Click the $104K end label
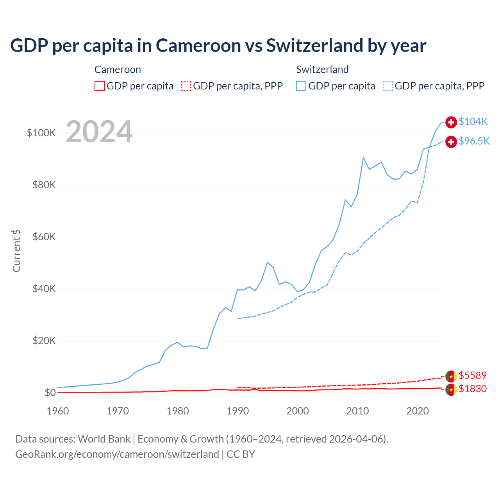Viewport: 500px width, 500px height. [473, 121]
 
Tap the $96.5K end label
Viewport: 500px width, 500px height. [474, 141]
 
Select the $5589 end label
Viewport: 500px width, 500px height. [473, 375]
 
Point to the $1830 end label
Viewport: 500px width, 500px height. [473, 389]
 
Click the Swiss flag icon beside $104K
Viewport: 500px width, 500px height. [451, 122]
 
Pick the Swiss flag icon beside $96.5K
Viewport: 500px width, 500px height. [451, 141]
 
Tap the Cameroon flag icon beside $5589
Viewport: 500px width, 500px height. [451, 376]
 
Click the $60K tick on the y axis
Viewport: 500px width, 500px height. [44, 237]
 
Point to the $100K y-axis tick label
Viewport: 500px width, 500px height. [41, 133]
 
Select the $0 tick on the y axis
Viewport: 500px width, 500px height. [50, 393]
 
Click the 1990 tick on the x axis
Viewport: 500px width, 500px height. [237, 411]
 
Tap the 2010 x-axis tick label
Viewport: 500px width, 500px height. [357, 411]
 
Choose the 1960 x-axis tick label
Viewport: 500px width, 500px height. [58, 411]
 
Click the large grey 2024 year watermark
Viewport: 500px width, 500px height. [99, 132]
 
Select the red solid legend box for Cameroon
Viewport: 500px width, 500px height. [100, 86]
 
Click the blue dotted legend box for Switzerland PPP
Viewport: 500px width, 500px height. [388, 86]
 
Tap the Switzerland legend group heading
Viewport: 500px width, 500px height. [322, 70]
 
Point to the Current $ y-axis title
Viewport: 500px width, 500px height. [16, 251]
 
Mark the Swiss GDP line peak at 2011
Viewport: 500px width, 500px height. [363, 157]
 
